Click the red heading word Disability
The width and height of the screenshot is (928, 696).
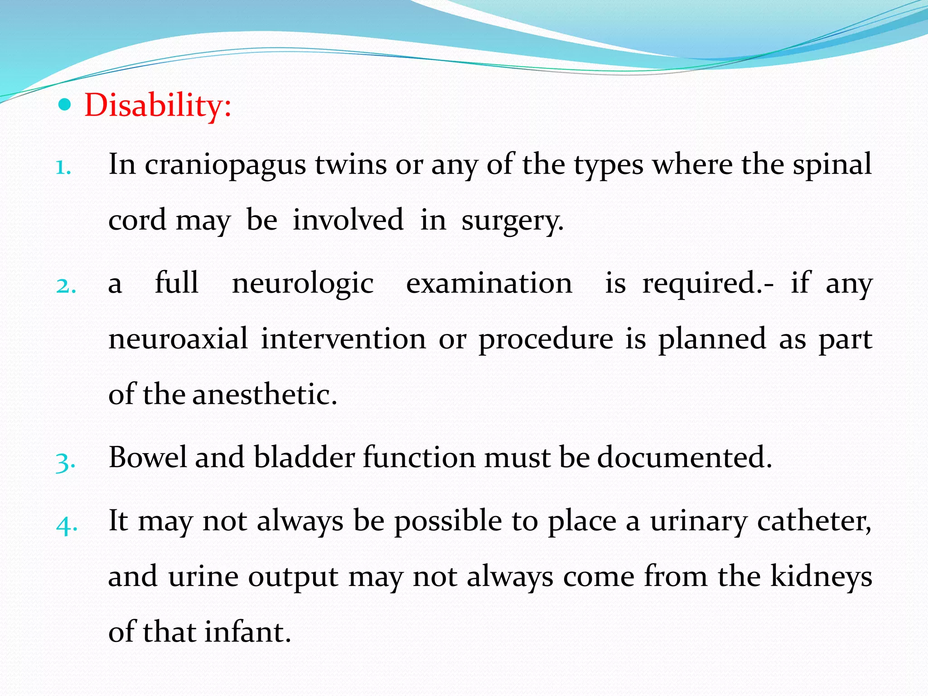click(157, 105)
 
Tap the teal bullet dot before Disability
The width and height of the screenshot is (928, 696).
click(65, 105)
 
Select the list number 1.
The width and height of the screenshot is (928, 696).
click(63, 168)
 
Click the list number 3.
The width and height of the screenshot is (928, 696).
click(65, 462)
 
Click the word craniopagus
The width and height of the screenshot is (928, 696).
click(225, 165)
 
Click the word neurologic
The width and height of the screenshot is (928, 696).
click(303, 284)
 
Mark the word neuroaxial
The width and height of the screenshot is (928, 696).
click(179, 338)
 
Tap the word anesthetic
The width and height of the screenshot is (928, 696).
click(265, 394)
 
